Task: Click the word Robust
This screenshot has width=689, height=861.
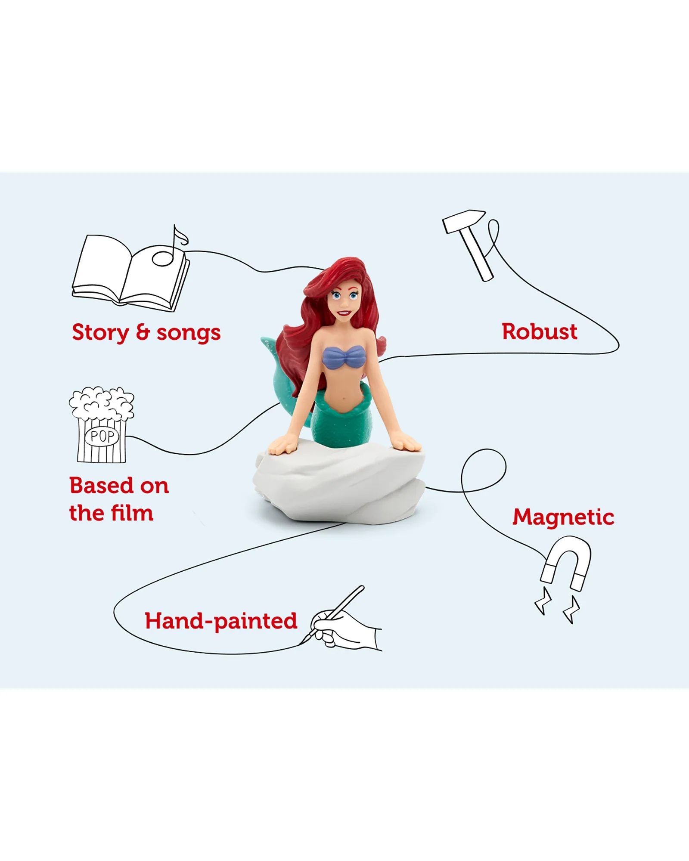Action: point(540,332)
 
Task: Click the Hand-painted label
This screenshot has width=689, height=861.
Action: point(221,622)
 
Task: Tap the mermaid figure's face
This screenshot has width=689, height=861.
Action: point(343,301)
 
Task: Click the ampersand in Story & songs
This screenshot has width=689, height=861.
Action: point(143,332)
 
